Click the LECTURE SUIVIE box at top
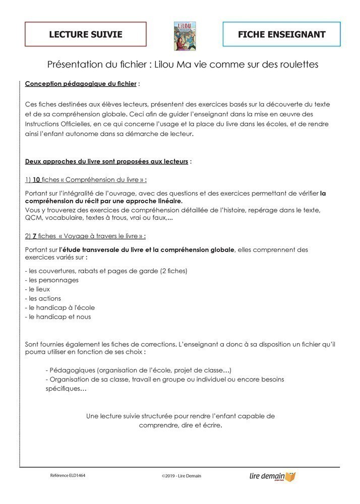86,34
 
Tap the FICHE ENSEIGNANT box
281,34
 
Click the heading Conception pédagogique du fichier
81,83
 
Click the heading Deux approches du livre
106,162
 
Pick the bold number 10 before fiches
36,179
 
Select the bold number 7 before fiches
34,236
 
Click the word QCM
33,218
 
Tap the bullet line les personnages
51,280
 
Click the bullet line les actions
45,298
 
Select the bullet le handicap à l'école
59,307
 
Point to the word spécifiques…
66,389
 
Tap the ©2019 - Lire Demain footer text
181,476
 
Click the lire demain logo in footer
273,476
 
